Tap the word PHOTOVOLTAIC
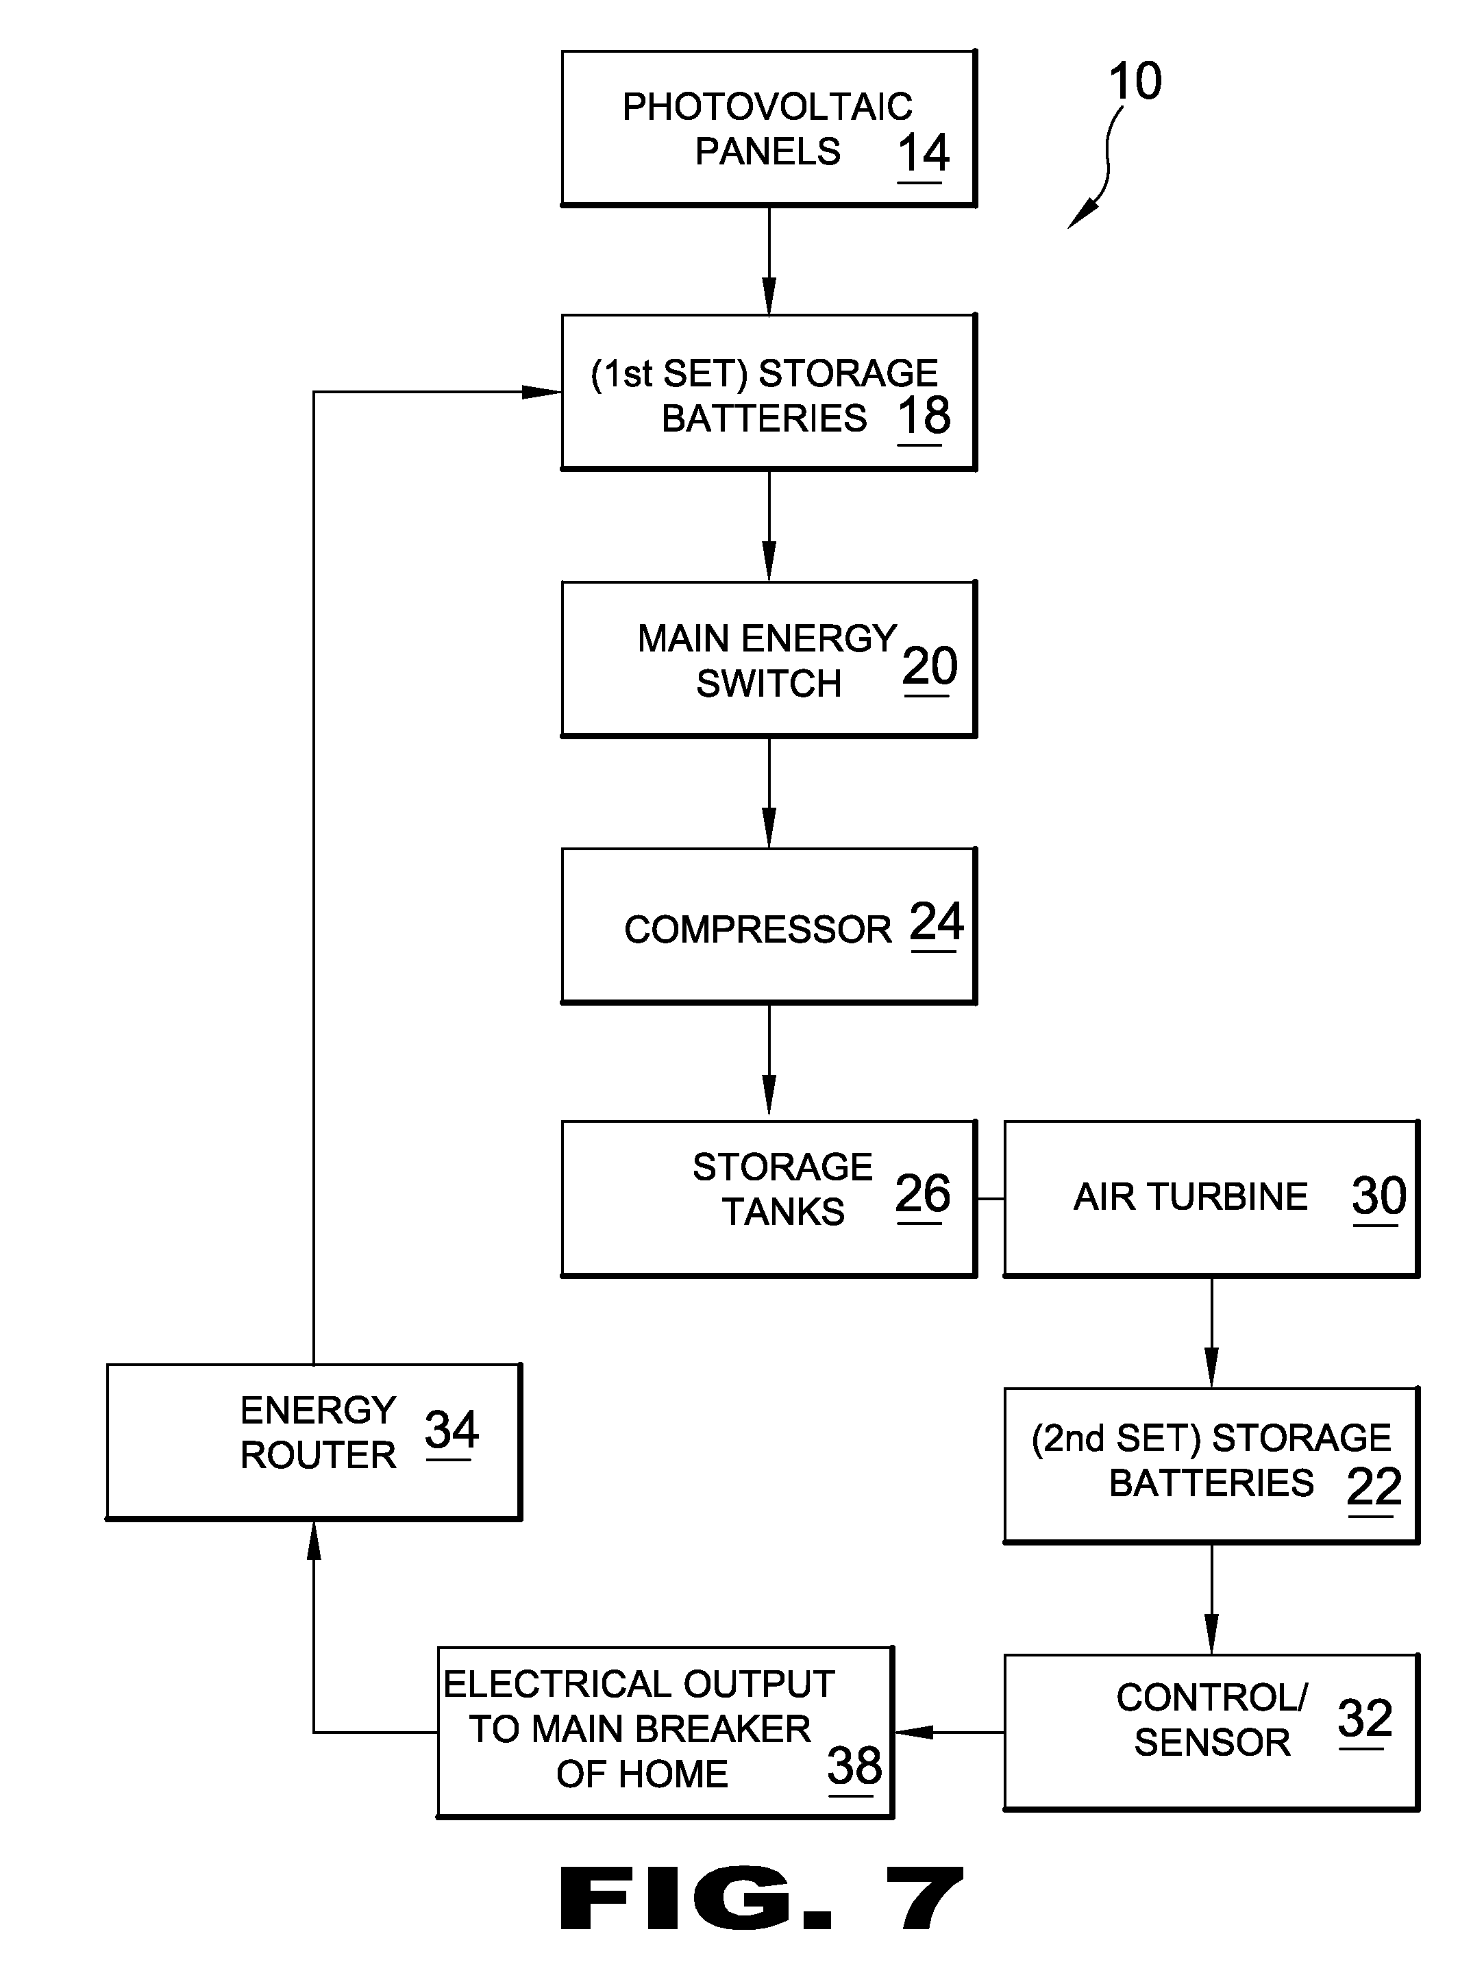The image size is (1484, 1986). point(767,107)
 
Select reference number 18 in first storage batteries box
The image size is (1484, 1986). point(924,416)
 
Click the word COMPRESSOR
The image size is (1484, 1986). point(757,929)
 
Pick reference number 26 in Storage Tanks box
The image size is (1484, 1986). point(922,1193)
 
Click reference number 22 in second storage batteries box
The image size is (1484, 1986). point(1374,1487)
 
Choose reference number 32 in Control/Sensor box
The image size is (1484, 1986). point(1363,1718)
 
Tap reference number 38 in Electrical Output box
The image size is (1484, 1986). point(854,1766)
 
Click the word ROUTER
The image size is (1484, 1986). point(318,1455)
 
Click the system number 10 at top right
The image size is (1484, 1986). point(1135,81)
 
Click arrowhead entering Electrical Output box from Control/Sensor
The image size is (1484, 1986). point(913,1732)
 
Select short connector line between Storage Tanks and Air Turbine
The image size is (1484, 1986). point(989,1199)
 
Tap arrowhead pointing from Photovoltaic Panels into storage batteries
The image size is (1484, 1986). point(769,297)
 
